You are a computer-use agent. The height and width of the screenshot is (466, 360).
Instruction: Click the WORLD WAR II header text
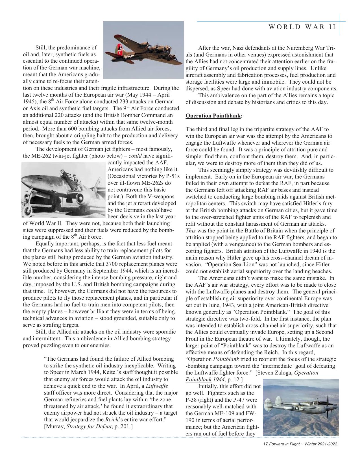[x=302, y=27]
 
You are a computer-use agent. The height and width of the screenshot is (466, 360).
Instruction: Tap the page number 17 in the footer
[x=265, y=444]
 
